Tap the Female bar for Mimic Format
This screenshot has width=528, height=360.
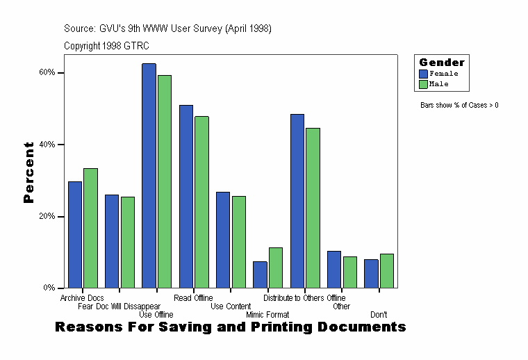pos(260,275)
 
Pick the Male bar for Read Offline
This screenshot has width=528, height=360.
pos(201,202)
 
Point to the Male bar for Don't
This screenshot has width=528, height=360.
pos(387,270)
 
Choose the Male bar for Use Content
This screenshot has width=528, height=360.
pos(238,242)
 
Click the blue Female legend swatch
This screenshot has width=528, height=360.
pos(423,74)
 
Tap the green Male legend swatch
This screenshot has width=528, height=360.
pos(423,84)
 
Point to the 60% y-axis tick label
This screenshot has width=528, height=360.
pos(47,73)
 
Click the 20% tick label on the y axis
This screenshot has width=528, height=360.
pos(47,217)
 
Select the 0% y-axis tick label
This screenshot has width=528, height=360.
pos(49,288)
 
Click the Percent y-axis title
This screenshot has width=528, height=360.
pos(28,172)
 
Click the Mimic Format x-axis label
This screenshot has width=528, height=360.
pos(267,315)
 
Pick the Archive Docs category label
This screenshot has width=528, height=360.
pos(82,298)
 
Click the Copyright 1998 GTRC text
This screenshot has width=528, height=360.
pos(106,46)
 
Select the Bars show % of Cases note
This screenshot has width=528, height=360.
pos(459,106)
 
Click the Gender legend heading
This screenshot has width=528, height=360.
pos(442,63)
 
